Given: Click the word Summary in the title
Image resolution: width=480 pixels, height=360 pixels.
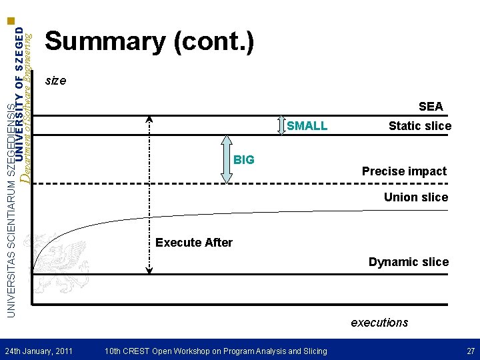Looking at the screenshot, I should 105,42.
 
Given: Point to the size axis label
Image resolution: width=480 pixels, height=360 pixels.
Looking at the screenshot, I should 55,81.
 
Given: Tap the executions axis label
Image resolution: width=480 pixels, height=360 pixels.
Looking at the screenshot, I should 379,323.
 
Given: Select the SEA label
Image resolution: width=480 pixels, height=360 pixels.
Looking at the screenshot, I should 431,107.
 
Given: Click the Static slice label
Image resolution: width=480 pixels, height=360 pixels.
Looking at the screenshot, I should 419,126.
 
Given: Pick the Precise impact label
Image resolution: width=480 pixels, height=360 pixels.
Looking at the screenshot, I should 404,171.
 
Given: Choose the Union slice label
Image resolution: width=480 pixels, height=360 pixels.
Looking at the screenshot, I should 416,197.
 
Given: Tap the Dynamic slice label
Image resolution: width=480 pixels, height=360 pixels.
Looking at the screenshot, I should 409,262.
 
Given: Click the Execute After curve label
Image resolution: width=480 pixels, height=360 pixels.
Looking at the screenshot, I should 194,243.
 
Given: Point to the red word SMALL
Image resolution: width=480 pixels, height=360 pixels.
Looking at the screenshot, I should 307,126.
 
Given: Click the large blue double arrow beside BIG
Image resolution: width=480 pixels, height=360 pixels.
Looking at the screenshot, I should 227,159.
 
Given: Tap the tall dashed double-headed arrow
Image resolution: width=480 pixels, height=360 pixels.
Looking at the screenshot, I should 150,193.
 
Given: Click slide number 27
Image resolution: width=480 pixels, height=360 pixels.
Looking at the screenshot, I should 471,351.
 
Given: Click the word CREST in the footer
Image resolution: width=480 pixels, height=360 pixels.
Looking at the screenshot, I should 145,351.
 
